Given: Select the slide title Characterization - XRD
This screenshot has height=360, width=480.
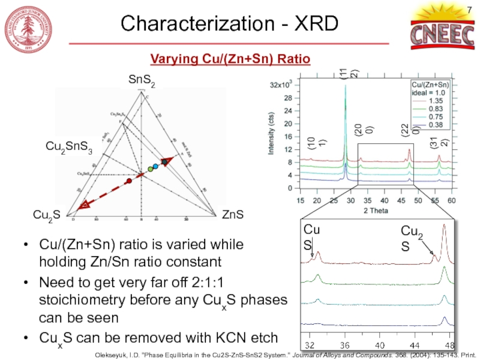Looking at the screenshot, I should pyautogui.click(x=230, y=23).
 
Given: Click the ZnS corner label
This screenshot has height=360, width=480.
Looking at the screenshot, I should pyautogui.click(x=232, y=214).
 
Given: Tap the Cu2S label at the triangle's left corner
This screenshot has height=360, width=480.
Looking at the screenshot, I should pyautogui.click(x=46, y=215).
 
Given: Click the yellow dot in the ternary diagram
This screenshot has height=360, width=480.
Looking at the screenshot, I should pyautogui.click(x=150, y=169).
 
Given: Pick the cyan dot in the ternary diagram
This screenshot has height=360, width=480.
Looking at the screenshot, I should pyautogui.click(x=155, y=166).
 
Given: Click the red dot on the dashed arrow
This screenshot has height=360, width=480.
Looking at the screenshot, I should pyautogui.click(x=128, y=181).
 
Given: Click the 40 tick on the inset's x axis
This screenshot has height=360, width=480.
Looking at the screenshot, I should pyautogui.click(x=379, y=346).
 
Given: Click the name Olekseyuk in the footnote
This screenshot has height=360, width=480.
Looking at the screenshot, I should pyautogui.click(x=112, y=354).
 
